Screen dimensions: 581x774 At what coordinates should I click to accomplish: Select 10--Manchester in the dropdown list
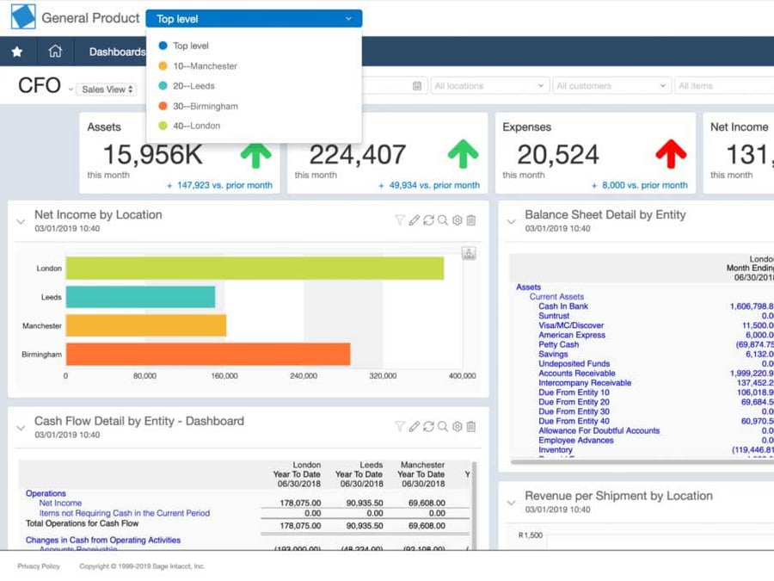pos(205,66)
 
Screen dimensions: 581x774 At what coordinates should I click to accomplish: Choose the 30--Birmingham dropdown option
pos(205,107)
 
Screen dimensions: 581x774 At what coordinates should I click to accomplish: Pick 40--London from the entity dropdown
pos(196,127)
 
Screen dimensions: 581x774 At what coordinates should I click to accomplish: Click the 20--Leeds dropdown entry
pos(193,86)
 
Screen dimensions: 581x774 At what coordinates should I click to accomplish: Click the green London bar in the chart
pos(255,269)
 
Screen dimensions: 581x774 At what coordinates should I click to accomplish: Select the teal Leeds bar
pos(140,297)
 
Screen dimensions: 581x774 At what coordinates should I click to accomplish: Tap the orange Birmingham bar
pos(207,354)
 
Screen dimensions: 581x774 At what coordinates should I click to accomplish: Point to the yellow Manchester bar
pos(145,325)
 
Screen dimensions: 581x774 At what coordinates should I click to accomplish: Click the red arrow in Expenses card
pos(671,154)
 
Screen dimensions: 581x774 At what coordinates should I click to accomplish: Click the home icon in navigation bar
pos(55,52)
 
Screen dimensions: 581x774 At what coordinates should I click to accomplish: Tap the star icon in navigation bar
pos(17,52)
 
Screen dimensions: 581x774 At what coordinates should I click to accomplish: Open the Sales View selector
pos(107,90)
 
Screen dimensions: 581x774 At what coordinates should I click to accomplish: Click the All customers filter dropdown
pos(610,86)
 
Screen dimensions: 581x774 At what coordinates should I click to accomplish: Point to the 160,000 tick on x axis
pos(224,376)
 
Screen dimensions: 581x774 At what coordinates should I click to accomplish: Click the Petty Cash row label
pos(558,344)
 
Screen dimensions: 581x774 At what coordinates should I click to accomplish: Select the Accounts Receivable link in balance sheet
pos(576,374)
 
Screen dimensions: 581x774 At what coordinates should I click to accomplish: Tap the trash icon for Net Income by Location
pos(471,220)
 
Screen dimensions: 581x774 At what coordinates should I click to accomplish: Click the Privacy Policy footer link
pos(39,566)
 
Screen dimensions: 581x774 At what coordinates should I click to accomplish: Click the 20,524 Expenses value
pos(558,155)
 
